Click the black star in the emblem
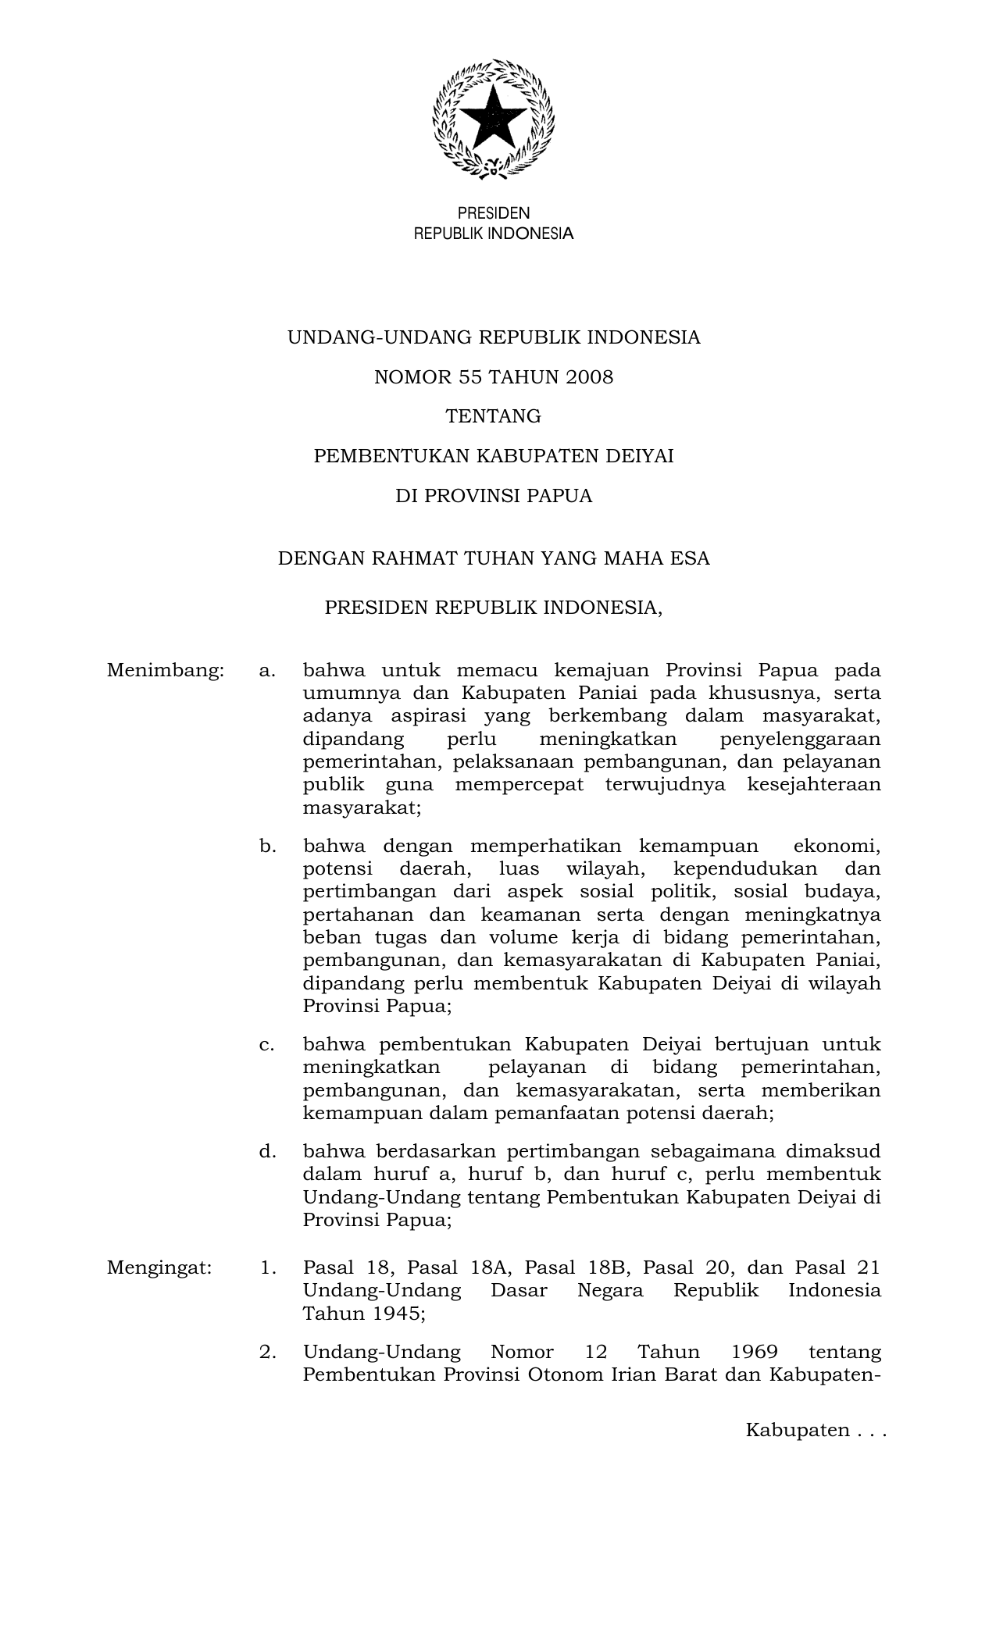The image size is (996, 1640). click(x=493, y=118)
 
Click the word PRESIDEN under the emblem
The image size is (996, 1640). click(x=493, y=213)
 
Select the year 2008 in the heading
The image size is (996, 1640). click(x=591, y=377)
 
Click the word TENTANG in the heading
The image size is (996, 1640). click(x=493, y=416)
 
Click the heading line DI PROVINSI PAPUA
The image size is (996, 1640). click(x=493, y=496)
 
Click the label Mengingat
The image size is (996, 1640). click(x=159, y=1267)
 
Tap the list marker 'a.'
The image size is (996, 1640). click(x=267, y=670)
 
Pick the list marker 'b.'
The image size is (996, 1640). click(x=268, y=846)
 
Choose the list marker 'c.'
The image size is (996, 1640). click(x=267, y=1044)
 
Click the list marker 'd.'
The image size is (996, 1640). click(x=268, y=1150)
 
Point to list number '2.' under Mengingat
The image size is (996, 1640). click(x=268, y=1351)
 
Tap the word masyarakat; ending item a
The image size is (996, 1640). click(x=362, y=808)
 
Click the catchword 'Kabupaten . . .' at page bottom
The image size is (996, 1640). click(x=816, y=1430)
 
